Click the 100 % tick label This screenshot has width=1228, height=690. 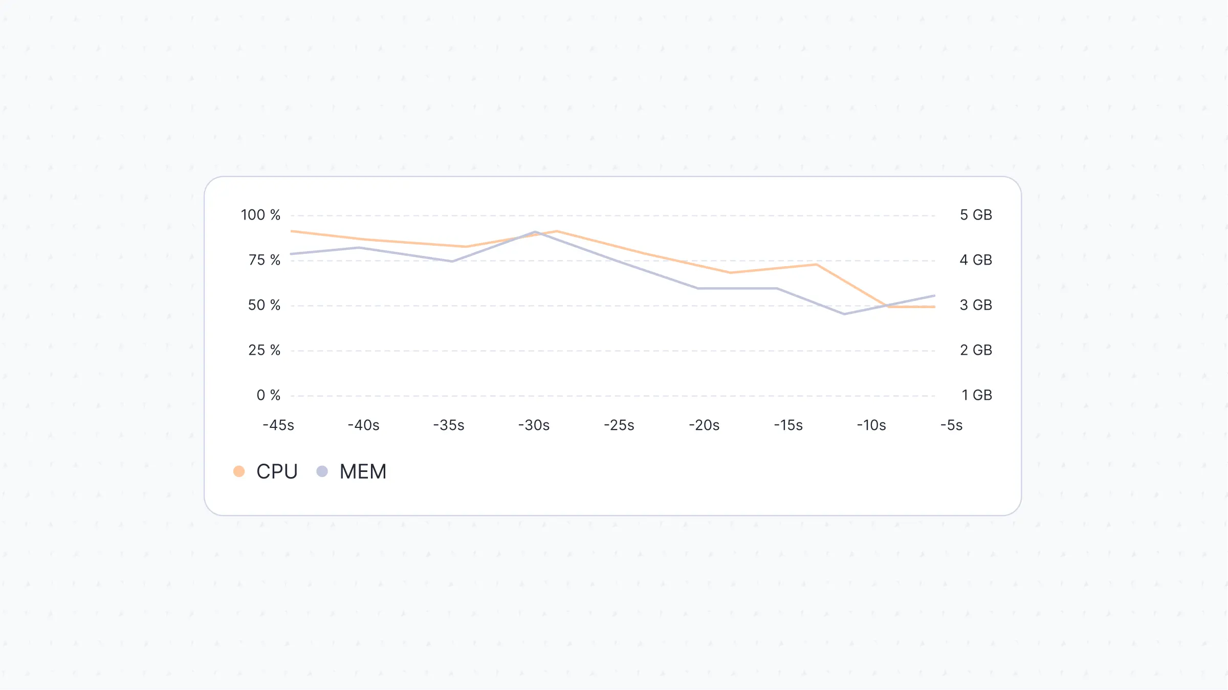(x=260, y=215)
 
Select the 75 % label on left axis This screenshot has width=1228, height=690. (x=265, y=260)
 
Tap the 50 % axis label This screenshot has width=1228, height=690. (x=264, y=305)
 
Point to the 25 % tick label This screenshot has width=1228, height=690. (x=264, y=350)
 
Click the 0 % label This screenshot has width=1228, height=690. (x=268, y=395)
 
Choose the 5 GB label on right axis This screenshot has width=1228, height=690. (x=976, y=215)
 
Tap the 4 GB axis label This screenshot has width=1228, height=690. (x=976, y=260)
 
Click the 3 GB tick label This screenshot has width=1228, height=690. (x=976, y=305)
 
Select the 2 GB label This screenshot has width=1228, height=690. (x=976, y=350)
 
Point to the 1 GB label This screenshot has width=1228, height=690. (x=976, y=395)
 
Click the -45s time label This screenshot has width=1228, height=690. (x=278, y=425)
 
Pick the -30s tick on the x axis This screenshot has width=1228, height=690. (x=534, y=425)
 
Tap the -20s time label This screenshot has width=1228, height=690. (x=704, y=425)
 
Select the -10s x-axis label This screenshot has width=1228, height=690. (x=871, y=425)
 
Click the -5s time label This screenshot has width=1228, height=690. (x=951, y=425)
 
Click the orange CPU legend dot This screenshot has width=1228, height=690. (x=239, y=471)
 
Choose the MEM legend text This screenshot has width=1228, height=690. (x=363, y=471)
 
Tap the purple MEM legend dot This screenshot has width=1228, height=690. (x=322, y=471)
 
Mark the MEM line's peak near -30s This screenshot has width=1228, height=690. (x=535, y=232)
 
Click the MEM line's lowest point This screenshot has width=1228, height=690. (x=844, y=314)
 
